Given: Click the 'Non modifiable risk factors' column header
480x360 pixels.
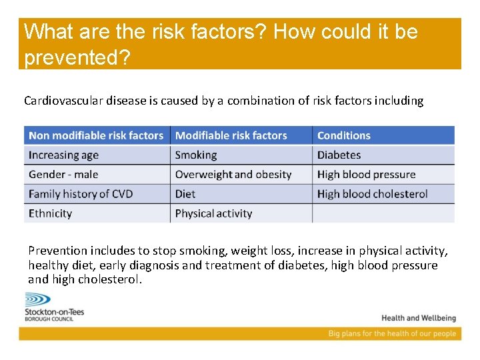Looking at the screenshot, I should (x=97, y=135).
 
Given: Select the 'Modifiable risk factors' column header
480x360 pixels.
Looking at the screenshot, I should (x=231, y=135).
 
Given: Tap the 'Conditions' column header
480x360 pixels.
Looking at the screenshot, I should (x=343, y=135).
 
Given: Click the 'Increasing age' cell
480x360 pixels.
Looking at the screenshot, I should (x=64, y=155).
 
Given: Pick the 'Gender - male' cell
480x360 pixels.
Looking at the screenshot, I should (x=63, y=175).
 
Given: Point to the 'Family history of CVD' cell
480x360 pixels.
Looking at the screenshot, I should (x=81, y=194).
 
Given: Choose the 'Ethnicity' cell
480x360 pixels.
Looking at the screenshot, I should (x=50, y=213).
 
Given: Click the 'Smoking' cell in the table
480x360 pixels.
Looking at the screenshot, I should (x=196, y=155).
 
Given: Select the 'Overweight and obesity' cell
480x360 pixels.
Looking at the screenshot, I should (x=233, y=175).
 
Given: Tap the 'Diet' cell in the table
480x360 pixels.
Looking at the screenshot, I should (x=185, y=194).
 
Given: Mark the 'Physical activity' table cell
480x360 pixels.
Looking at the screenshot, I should (x=213, y=213).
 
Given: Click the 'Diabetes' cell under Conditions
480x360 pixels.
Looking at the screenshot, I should (x=339, y=155).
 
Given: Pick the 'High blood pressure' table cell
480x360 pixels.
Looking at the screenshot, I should (x=366, y=175).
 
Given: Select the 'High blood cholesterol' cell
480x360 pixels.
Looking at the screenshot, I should (x=372, y=194).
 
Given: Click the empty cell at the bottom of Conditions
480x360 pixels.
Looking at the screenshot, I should (x=383, y=213).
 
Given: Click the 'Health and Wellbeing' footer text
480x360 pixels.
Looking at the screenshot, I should (x=419, y=318).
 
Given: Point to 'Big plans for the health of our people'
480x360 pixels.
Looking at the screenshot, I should (x=392, y=333).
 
